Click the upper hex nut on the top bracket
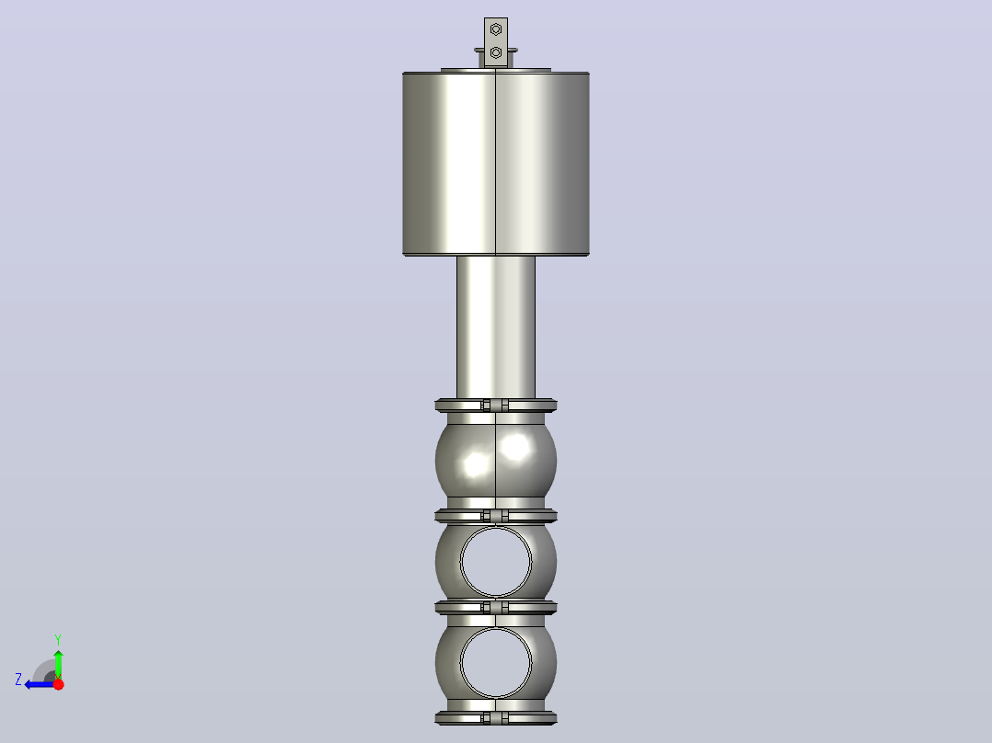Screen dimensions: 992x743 pyautogui.click(x=496, y=29)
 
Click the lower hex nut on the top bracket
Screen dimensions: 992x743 pyautogui.click(x=496, y=52)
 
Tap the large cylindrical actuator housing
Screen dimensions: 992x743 pyautogui.click(x=496, y=165)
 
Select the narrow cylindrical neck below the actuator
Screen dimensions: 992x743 pyautogui.click(x=496, y=327)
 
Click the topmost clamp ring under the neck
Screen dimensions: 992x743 pyautogui.click(x=496, y=406)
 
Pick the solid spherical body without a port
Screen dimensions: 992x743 pyautogui.click(x=496, y=461)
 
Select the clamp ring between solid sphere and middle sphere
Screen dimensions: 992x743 pyautogui.click(x=496, y=516)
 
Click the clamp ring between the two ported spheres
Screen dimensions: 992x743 pyautogui.click(x=496, y=608)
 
